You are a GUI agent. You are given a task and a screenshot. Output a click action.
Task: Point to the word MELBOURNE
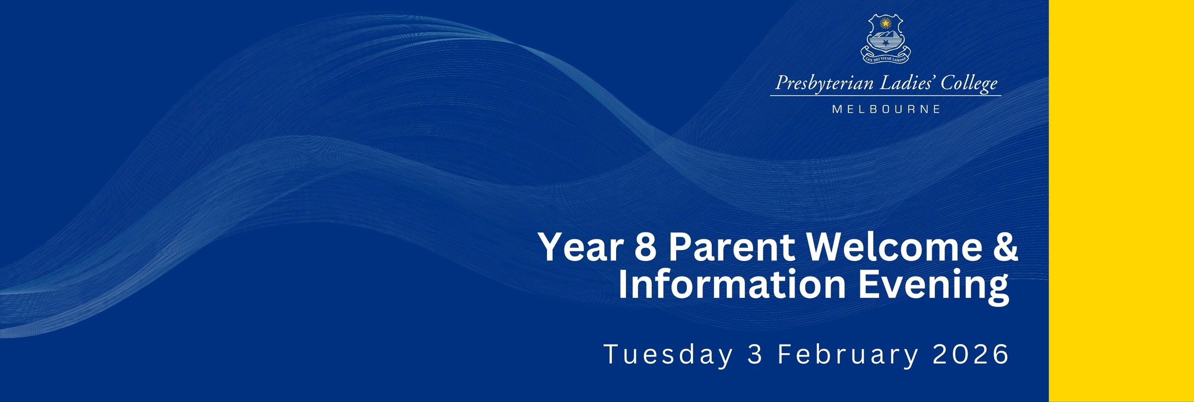pyautogui.click(x=886, y=109)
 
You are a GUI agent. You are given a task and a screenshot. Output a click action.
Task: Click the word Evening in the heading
pyautogui.click(x=933, y=287)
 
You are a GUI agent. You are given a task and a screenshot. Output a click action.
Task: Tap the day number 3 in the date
pyautogui.click(x=755, y=354)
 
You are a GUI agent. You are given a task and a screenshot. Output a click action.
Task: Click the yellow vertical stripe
pyautogui.click(x=1121, y=201)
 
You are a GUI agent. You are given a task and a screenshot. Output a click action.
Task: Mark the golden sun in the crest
pyautogui.click(x=885, y=22)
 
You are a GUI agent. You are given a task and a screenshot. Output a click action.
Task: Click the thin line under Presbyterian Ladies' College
pyautogui.click(x=886, y=96)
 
